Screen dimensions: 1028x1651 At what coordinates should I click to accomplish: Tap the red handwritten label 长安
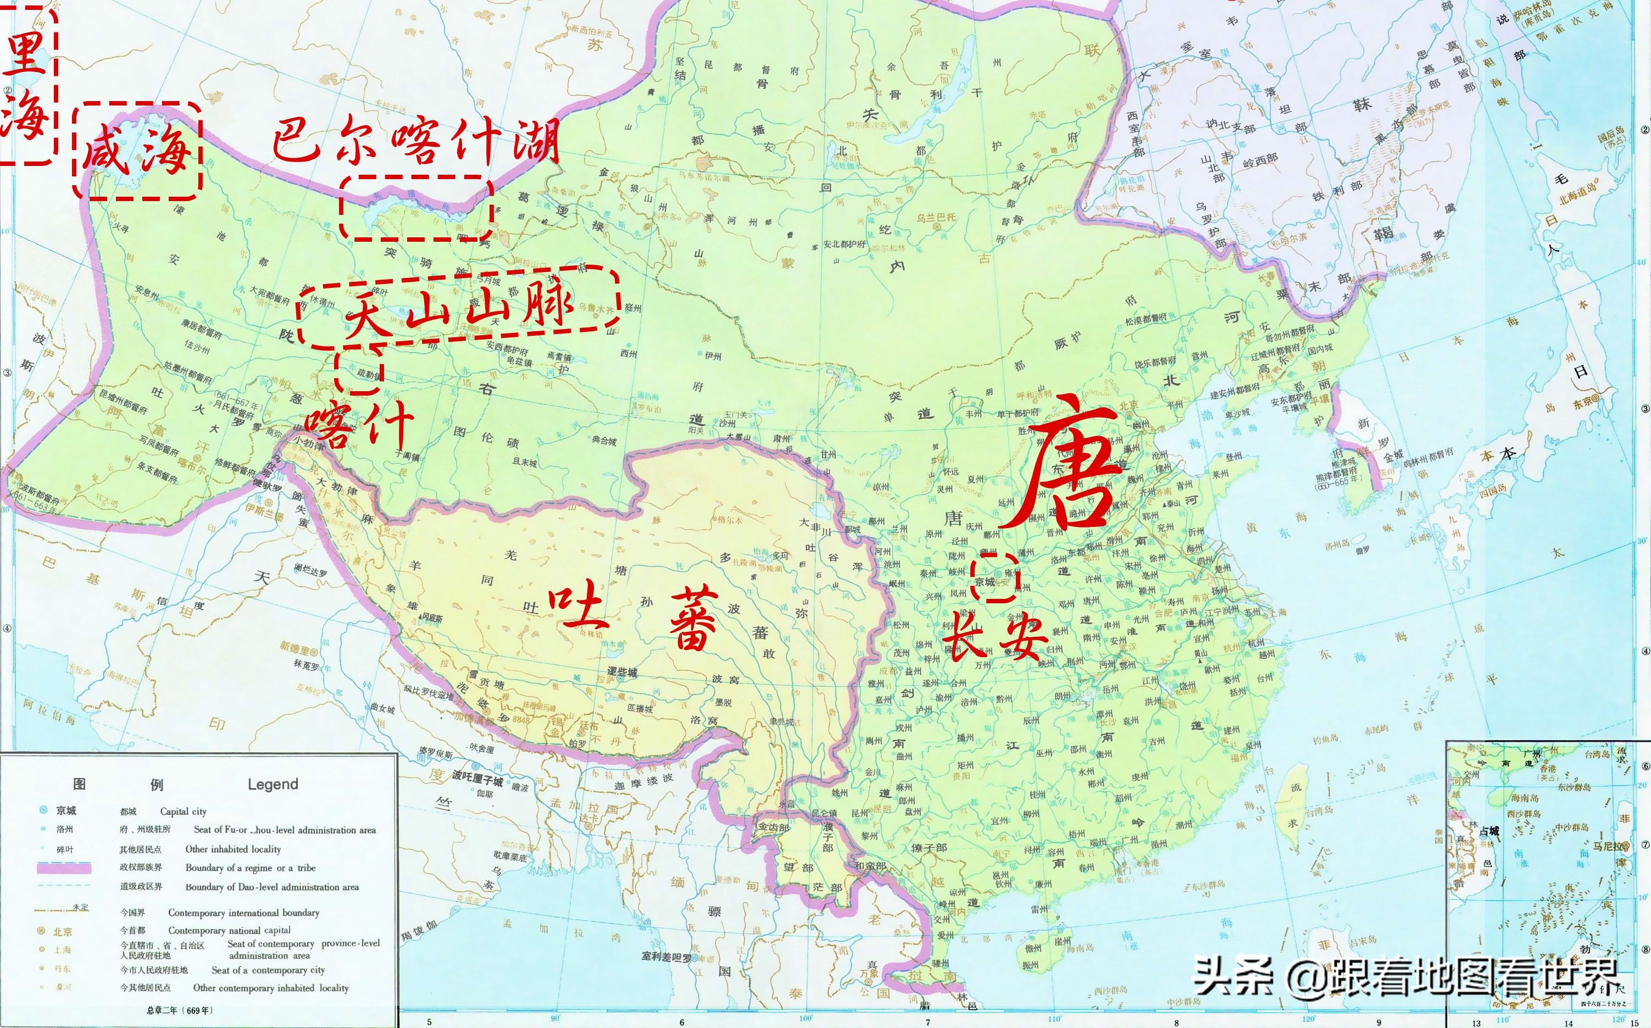pos(997,636)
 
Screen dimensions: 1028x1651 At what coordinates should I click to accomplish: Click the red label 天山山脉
pos(459,309)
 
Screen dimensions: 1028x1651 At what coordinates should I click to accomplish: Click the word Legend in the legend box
pos(273,785)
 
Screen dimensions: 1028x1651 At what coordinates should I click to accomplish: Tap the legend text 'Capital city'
pos(183,811)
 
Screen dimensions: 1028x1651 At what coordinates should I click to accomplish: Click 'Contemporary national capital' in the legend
pos(229,930)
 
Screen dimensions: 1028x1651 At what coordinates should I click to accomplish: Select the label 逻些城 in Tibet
pos(622,671)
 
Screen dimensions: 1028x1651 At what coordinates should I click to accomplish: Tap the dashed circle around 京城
pos(994,576)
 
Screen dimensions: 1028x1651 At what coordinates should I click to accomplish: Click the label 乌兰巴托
pos(936,217)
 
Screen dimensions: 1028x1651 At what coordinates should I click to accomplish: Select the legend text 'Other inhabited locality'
pos(232,849)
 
